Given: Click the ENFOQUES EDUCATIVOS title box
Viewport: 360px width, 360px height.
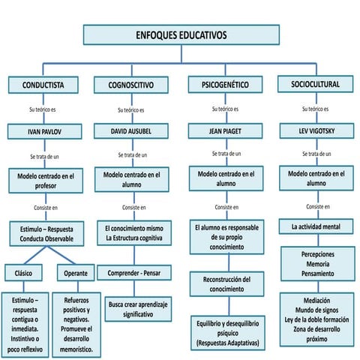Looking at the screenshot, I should pyautogui.click(x=181, y=34).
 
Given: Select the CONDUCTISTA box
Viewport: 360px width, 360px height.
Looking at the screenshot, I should pyautogui.click(x=43, y=85).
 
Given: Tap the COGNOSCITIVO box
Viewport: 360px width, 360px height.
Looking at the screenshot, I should pyautogui.click(x=132, y=85).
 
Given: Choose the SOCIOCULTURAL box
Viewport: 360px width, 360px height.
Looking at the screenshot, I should pyautogui.click(x=315, y=84).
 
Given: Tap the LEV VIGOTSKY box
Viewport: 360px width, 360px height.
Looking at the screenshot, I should pyautogui.click(x=315, y=131).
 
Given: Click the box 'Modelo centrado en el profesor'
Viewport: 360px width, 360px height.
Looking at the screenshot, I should pyautogui.click(x=46, y=181).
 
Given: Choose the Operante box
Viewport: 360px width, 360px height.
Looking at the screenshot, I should pyautogui.click(x=76, y=273).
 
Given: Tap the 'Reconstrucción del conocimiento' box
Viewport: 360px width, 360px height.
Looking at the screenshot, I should pyautogui.click(x=226, y=284).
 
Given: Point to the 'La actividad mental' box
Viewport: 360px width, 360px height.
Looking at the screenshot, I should pyautogui.click(x=315, y=225).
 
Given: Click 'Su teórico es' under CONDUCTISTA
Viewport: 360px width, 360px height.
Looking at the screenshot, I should pyautogui.click(x=43, y=110).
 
